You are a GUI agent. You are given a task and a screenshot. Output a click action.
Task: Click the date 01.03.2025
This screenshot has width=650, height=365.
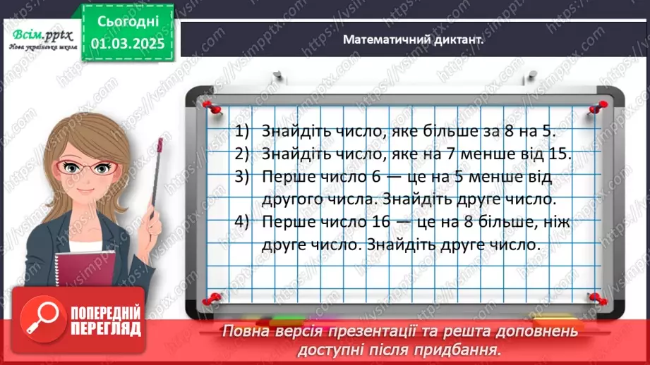(126, 43)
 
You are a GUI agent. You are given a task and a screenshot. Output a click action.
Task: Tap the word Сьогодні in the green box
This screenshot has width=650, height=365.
(126, 23)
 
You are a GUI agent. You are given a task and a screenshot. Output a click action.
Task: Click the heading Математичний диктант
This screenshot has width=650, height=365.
(413, 40)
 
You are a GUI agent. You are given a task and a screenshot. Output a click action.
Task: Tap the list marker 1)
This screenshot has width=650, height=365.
(243, 130)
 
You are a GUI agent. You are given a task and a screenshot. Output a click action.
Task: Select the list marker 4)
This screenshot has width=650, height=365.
(243, 223)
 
